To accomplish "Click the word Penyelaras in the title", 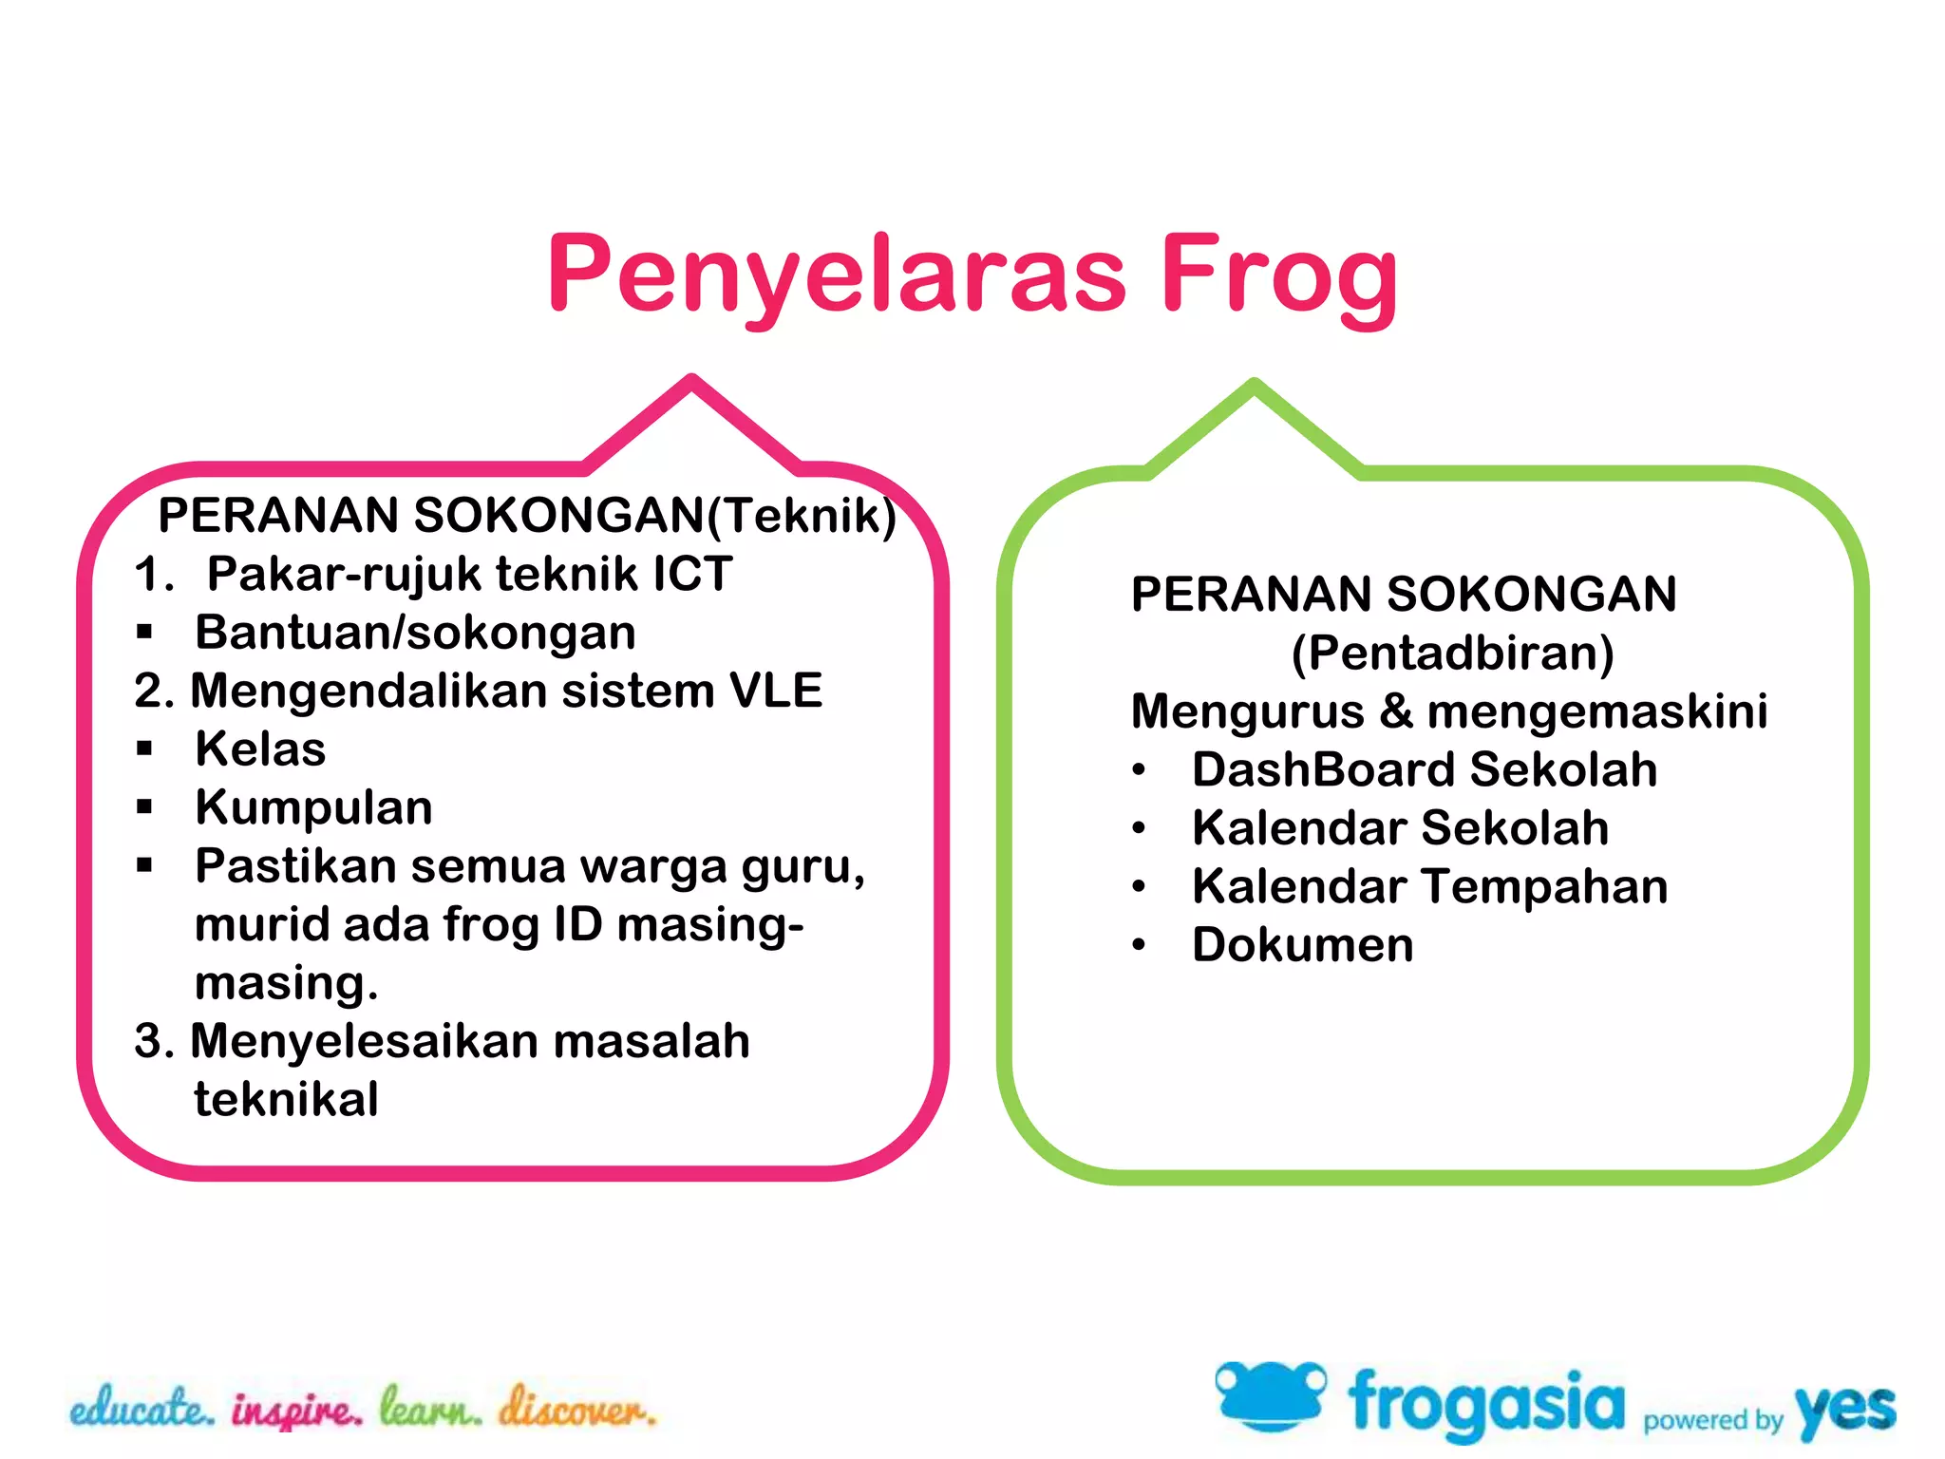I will (836, 275).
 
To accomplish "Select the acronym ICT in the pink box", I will (692, 574).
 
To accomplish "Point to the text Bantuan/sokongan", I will (415, 633).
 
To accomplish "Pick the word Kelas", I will (260, 749).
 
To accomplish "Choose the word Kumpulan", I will (313, 807).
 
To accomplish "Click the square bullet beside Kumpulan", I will (144, 807).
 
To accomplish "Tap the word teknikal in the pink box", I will (286, 1100).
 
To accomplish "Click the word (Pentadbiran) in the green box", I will (1452, 654).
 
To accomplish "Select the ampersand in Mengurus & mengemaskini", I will (1395, 711).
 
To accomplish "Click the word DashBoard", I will (1324, 769).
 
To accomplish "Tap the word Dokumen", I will (1302, 945).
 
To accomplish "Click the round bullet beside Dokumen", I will (1140, 945).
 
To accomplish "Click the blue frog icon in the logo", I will (1270, 1395).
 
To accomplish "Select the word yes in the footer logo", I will (1844, 1410).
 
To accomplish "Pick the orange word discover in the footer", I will (577, 1408).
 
